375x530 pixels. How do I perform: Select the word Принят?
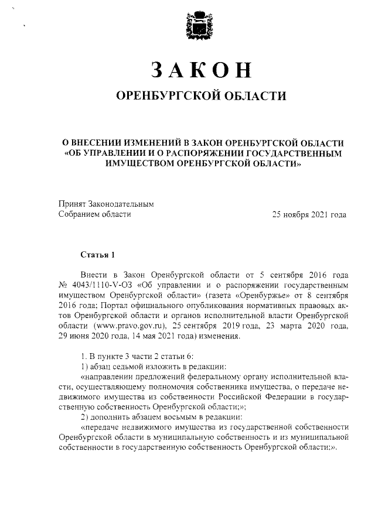72,204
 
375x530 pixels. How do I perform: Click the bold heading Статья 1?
97,254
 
